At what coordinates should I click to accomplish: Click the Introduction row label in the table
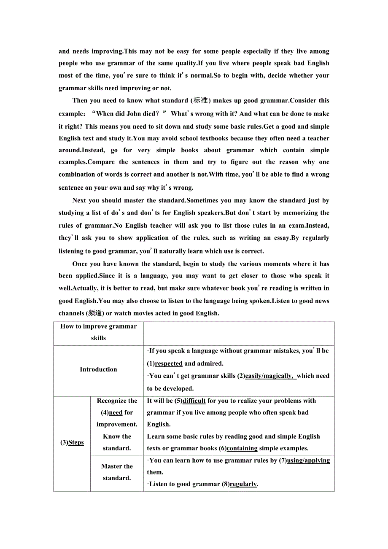coord(98,369)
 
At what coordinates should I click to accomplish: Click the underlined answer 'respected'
coord(169,363)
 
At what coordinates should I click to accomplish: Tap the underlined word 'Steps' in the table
coord(76,442)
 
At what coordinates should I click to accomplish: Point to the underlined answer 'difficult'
coord(194,401)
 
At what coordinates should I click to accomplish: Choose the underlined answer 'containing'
coord(242,448)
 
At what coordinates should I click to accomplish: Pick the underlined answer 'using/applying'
coord(308,460)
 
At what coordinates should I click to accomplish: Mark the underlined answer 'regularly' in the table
coord(243,484)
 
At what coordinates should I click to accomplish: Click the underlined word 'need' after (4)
coord(116,412)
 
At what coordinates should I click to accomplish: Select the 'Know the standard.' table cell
coord(117,442)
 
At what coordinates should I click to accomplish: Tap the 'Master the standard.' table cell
coord(117,472)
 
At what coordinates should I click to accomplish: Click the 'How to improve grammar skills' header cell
coord(98,332)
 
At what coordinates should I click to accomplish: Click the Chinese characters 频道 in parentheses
coord(93,313)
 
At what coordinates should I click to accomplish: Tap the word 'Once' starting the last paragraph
coord(80,264)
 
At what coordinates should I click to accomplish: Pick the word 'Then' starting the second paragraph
coord(80,101)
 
